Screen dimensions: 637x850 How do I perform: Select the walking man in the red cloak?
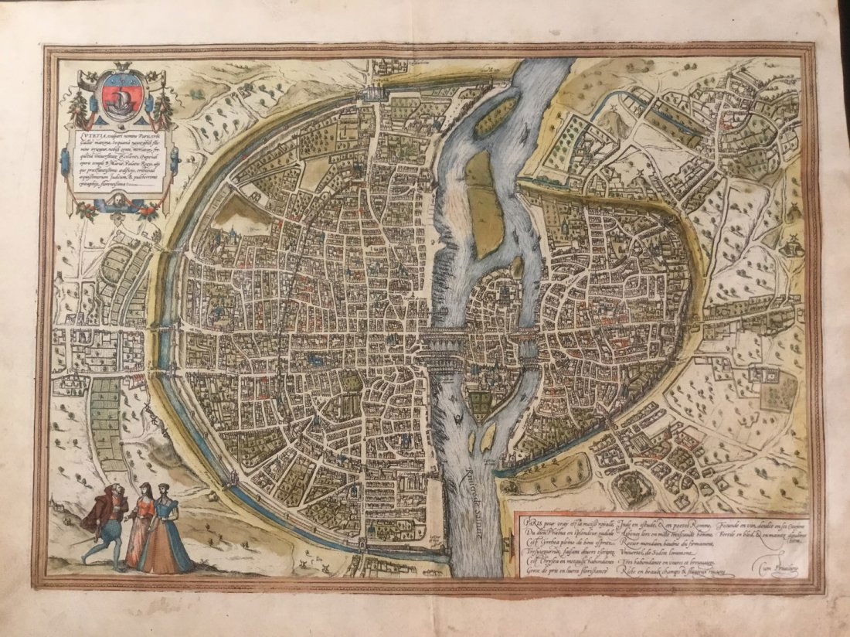pos(107,516)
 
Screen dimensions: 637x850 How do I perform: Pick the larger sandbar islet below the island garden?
pos(488,438)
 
